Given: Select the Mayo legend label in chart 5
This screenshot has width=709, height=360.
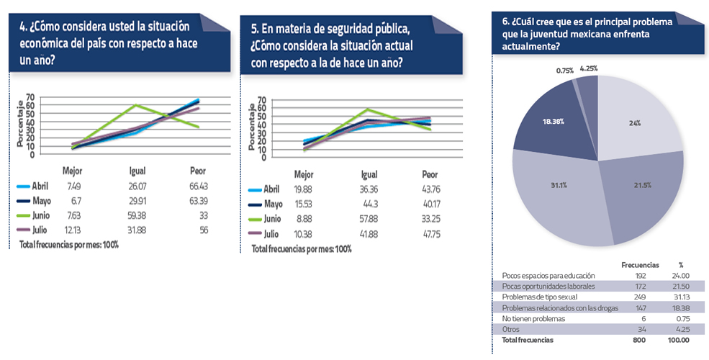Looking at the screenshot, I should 273,204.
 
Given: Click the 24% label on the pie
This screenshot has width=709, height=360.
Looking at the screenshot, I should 635,123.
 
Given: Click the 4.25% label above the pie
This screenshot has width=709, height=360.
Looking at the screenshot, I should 588,68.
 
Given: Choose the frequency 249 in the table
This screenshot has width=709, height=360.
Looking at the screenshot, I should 640,297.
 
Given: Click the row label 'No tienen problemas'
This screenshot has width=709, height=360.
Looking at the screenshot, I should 534,318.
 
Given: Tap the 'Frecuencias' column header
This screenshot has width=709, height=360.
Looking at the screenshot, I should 640,265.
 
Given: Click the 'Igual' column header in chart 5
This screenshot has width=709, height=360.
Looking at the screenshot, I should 369,175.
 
